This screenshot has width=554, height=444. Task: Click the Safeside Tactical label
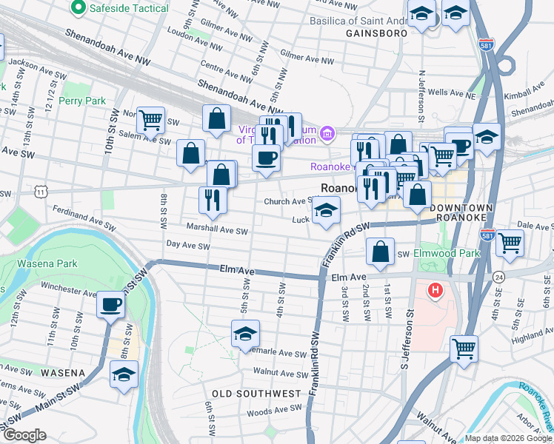[x=119, y=8]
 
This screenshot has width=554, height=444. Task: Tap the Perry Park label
[x=83, y=101]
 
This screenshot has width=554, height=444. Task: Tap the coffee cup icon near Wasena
[x=111, y=304]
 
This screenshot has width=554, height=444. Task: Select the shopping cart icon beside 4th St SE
[x=510, y=242]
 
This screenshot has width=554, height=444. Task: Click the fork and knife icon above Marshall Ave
[x=213, y=200]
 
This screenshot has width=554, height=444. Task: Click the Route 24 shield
[x=498, y=276]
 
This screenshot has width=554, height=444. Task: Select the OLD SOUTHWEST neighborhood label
[x=256, y=393]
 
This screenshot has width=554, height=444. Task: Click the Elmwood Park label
[x=447, y=253]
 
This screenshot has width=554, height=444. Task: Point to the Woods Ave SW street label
[x=274, y=408]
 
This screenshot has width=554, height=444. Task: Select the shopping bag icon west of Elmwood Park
[x=380, y=251]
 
